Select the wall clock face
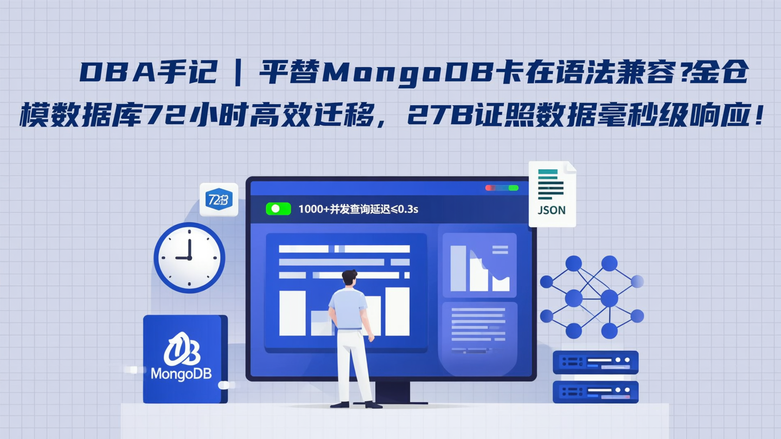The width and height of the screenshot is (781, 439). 189,257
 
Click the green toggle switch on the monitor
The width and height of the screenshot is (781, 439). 278,209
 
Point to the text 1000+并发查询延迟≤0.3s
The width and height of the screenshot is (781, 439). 358,209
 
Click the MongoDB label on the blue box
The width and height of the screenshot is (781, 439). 181,373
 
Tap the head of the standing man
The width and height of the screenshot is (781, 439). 349,277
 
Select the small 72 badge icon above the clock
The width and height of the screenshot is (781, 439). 219,199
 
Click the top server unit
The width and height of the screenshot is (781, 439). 595,362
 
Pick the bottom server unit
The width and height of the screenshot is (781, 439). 595,391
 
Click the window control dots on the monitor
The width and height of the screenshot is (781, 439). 502,188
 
